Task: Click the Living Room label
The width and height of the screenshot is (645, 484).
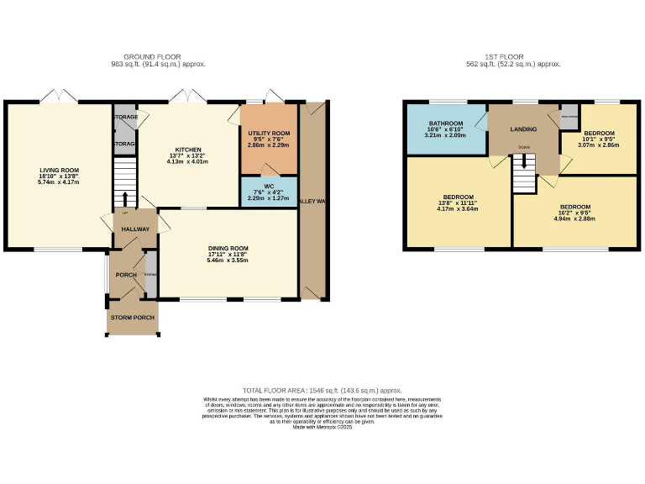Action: (x=51, y=170)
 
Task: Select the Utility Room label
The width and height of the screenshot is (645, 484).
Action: (x=269, y=134)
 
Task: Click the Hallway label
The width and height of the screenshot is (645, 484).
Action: (x=135, y=229)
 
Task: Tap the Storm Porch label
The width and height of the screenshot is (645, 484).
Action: (x=132, y=317)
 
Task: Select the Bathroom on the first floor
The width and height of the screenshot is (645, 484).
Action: (x=445, y=124)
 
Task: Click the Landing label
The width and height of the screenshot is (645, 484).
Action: (x=523, y=129)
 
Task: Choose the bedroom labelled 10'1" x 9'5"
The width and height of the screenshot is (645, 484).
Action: (x=600, y=134)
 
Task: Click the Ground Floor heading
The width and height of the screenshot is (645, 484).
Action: (x=158, y=57)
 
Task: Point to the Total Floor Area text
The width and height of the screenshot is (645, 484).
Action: (x=322, y=391)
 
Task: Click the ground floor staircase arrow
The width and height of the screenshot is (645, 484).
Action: (x=125, y=197)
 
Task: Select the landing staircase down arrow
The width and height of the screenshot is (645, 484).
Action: (x=524, y=157)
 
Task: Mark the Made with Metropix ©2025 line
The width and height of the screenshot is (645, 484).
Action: (x=322, y=428)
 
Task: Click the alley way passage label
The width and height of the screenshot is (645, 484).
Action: (x=313, y=202)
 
